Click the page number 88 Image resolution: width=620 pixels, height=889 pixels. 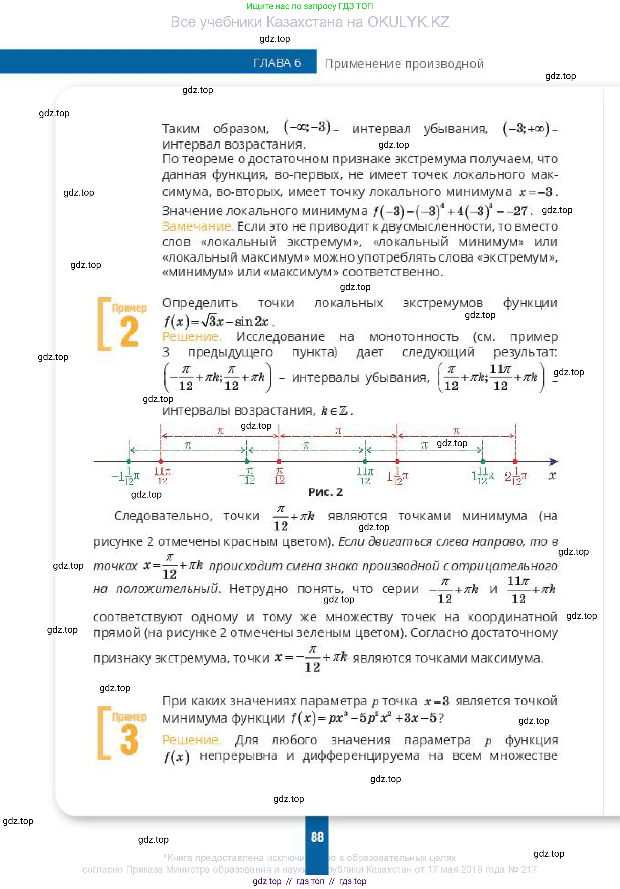317,837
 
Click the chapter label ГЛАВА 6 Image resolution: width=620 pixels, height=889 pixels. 277,63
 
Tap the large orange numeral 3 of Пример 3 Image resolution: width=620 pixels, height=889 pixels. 129,740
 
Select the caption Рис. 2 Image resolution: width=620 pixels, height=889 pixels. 326,492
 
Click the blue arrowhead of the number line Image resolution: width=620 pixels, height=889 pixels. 554,461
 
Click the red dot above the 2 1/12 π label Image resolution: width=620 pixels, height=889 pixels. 515,461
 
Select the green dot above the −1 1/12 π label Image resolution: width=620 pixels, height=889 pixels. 129,461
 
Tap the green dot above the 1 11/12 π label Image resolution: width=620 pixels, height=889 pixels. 483,461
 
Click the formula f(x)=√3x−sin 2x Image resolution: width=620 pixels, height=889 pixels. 218,321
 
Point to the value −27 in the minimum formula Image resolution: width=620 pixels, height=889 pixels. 520,211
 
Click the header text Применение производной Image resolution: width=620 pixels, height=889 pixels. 404,64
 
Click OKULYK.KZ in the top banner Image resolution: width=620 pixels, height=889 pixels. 408,22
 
